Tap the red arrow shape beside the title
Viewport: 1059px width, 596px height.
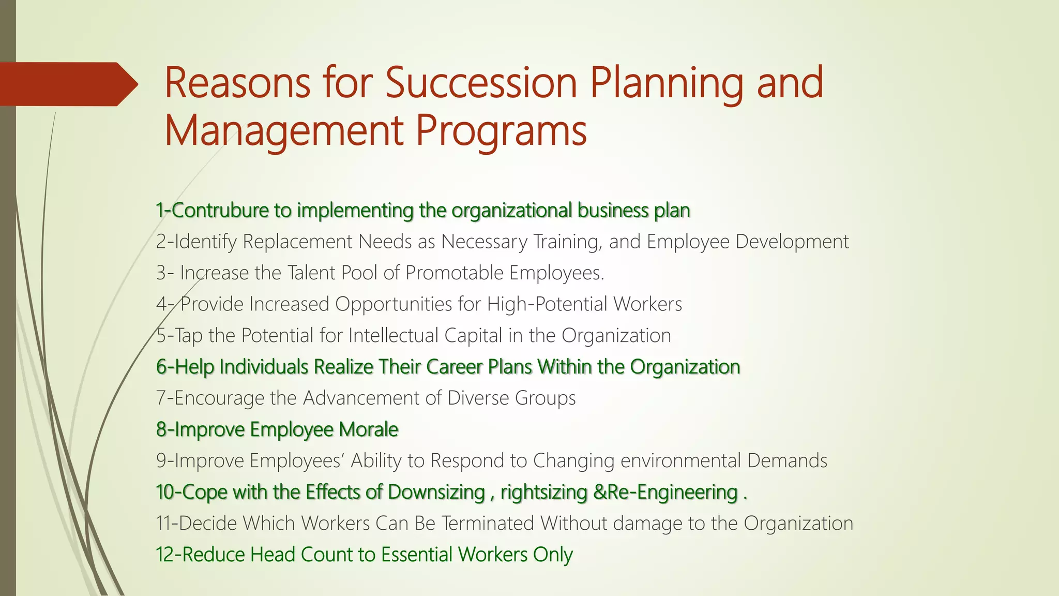pyautogui.click(x=67, y=84)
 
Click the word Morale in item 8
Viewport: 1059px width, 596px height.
pyautogui.click(x=368, y=429)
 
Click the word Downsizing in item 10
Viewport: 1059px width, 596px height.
pyautogui.click(x=436, y=492)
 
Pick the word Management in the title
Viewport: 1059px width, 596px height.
pyautogui.click(x=283, y=130)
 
